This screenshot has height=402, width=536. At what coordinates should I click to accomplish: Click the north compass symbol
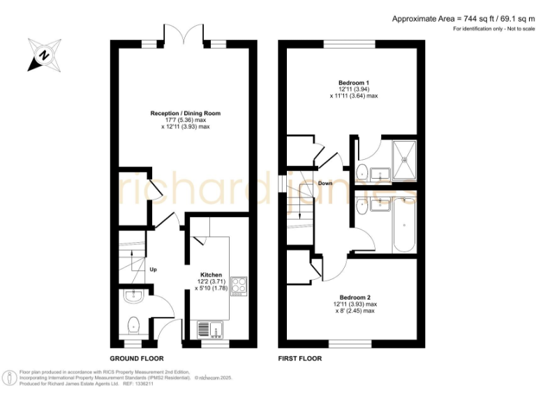point(43,54)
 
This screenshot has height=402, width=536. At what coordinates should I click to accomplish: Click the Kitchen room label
point(211,275)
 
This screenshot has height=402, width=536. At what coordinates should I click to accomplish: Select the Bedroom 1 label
point(353,82)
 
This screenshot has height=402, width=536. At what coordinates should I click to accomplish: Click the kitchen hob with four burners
point(239,286)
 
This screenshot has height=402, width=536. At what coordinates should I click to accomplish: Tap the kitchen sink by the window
point(209,329)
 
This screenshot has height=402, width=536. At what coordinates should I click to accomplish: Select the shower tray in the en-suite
point(404,161)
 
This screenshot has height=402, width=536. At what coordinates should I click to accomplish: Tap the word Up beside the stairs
point(153,268)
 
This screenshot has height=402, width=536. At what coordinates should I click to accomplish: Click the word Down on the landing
point(325,184)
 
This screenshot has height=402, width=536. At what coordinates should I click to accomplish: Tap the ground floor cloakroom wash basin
point(132,297)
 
